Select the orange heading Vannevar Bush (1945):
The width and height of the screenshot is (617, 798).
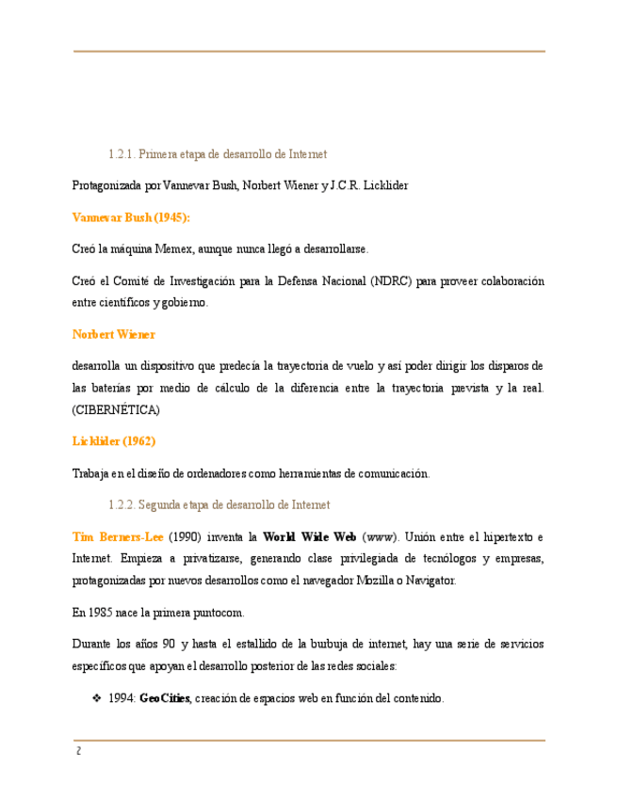coord(131,217)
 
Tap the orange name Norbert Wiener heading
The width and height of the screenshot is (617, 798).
coord(114,334)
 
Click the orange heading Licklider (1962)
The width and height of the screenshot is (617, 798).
coord(114,441)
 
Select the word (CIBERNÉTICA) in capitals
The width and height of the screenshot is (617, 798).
coord(116,410)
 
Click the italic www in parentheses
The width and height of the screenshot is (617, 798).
coord(381,537)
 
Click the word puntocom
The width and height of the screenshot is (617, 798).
coord(219,613)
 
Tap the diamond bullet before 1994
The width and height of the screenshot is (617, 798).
coord(96,699)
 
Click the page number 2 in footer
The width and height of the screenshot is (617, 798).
coord(79,751)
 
